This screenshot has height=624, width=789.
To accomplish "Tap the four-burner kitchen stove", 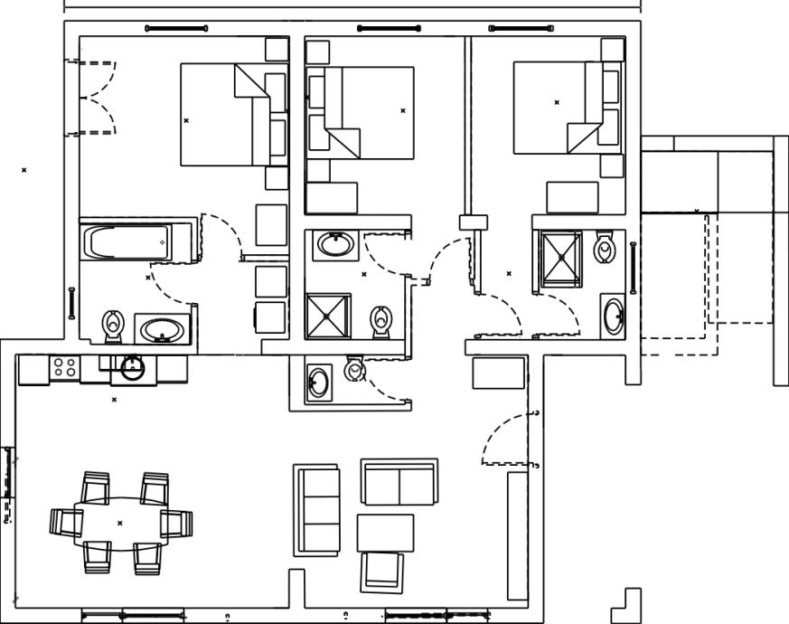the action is pyautogui.click(x=64, y=367).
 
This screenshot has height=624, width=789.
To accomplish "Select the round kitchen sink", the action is pyautogui.click(x=132, y=367).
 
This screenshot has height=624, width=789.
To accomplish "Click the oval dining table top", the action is pyautogui.click(x=119, y=523).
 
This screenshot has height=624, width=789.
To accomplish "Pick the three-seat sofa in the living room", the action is pyautogui.click(x=316, y=510).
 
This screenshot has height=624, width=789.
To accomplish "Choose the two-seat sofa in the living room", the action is pyautogui.click(x=399, y=482).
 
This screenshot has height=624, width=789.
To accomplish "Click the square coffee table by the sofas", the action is pyautogui.click(x=385, y=533).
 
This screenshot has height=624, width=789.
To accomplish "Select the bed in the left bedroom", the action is pyautogui.click(x=226, y=114).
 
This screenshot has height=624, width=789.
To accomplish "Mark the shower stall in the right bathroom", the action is pyautogui.click(x=561, y=258).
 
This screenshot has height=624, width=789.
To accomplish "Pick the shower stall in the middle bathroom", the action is pyautogui.click(x=327, y=315).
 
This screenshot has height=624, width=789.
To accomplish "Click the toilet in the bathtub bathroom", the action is pyautogui.click(x=113, y=324).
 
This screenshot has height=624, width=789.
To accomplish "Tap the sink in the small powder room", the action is pyautogui.click(x=318, y=383).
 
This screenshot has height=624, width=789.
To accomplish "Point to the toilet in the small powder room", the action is pyautogui.click(x=355, y=369).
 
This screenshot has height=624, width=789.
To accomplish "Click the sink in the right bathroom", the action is pyautogui.click(x=613, y=315).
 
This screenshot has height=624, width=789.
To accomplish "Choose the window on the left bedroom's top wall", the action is pyautogui.click(x=176, y=29).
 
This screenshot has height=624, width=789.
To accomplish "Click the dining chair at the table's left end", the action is pyautogui.click(x=66, y=522).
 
